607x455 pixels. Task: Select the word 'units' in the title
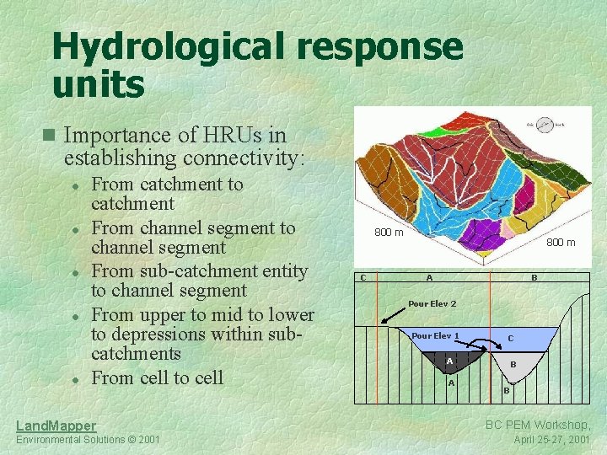tap(99, 84)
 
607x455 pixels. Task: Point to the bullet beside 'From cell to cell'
tap(76, 379)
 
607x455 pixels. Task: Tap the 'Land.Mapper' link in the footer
tap(56, 426)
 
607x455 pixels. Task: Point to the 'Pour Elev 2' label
tap(432, 303)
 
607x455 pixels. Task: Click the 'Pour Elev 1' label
tap(435, 336)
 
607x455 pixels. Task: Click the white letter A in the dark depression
tap(449, 361)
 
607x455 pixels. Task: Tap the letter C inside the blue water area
tap(510, 339)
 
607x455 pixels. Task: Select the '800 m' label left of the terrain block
tap(388, 233)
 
